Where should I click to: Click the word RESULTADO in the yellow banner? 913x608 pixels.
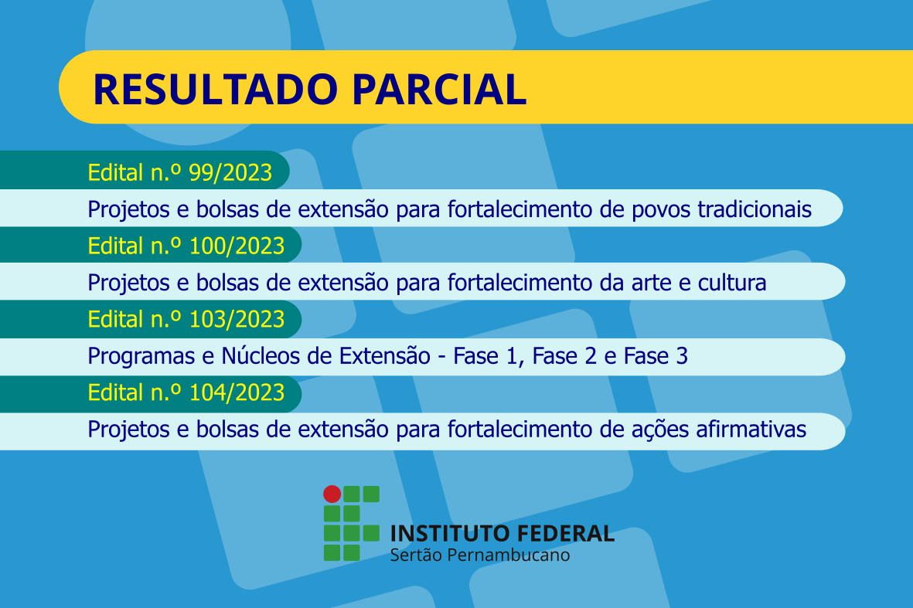[x=216, y=90]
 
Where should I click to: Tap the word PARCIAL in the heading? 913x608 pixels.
[x=440, y=90]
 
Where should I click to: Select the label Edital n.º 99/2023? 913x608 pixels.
[x=180, y=173]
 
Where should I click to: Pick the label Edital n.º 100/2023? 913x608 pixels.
[x=186, y=246]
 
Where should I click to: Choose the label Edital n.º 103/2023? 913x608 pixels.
[x=186, y=319]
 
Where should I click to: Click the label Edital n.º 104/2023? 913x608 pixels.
[x=186, y=392]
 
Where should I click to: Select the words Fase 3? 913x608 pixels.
[x=656, y=356]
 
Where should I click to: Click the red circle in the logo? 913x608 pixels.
[x=332, y=494]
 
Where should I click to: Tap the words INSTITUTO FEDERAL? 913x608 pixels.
[x=502, y=534]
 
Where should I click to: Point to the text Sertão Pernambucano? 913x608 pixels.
[x=480, y=555]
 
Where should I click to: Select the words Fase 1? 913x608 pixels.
[x=485, y=356]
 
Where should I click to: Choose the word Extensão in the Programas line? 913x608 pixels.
[x=385, y=356]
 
